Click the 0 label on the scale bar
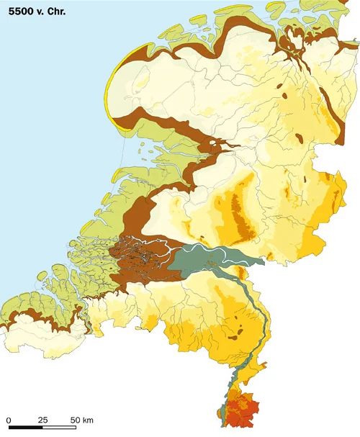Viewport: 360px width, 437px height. pos(9,419)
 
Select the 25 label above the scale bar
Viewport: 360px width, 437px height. pos(42,419)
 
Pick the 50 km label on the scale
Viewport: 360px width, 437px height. pos(81,419)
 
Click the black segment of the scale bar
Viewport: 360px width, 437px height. pos(26,428)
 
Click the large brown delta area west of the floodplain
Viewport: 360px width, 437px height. pos(137,256)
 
